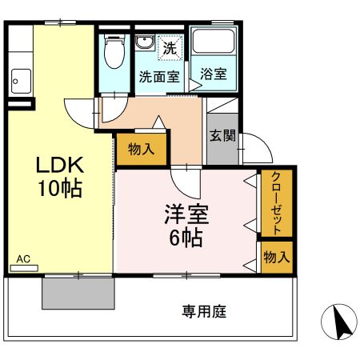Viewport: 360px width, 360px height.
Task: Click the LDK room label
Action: [59, 165]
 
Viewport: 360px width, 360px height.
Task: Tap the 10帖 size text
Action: [59, 190]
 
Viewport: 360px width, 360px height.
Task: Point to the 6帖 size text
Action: [184, 238]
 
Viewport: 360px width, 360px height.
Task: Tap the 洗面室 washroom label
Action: [158, 77]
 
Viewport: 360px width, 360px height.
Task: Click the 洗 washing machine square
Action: [170, 47]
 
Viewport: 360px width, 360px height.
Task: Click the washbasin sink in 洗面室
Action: [145, 43]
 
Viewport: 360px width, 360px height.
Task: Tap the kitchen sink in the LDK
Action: [20, 80]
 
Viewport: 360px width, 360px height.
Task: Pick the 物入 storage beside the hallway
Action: [142, 149]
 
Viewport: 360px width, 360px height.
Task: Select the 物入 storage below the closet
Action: [276, 258]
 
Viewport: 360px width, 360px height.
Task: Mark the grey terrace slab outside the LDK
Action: [78, 292]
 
